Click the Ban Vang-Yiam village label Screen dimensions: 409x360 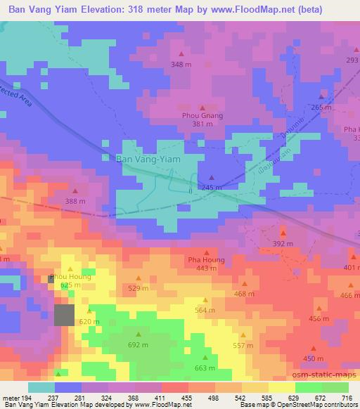(x=147, y=160)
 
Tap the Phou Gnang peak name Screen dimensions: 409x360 (x=202, y=115)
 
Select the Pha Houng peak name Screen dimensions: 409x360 (x=206, y=260)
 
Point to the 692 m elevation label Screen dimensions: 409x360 (x=138, y=345)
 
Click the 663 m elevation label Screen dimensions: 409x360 (x=204, y=368)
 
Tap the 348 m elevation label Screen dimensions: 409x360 (x=181, y=65)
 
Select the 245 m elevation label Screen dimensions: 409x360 (x=212, y=188)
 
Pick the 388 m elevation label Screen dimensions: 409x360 (x=75, y=202)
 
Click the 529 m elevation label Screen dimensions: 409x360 (x=139, y=288)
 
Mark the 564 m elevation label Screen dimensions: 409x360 (x=205, y=310)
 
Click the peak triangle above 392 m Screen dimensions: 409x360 (x=283, y=233)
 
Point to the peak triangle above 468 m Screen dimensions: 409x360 (x=245, y=284)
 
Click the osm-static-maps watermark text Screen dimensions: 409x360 (x=321, y=376)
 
